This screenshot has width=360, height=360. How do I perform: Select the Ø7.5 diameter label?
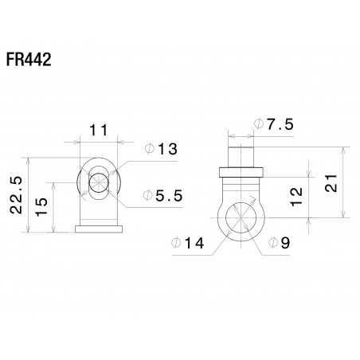coord(273,124)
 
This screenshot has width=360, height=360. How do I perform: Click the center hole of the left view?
coord(98,182)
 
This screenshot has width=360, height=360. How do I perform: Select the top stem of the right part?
coord(240,152)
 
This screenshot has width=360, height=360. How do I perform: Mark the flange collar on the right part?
coord(240,170)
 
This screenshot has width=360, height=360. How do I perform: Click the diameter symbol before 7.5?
coord(259,124)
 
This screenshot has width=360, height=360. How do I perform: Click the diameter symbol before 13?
coord(149,150)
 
